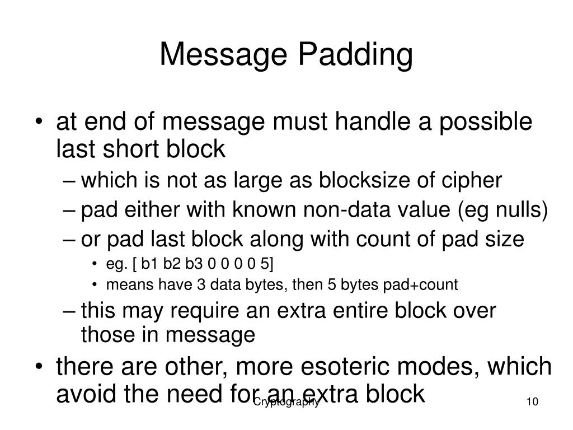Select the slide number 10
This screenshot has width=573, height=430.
(532, 403)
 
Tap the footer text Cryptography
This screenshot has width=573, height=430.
(286, 402)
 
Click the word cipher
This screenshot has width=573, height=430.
(475, 181)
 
